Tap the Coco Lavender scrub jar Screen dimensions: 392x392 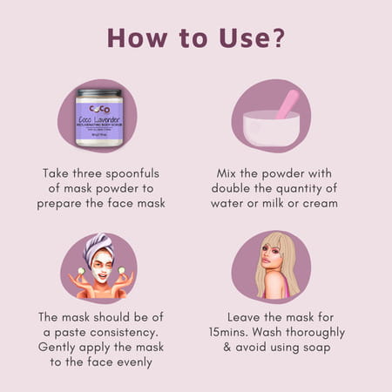click(x=98, y=118)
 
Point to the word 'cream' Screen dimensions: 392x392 click(x=318, y=204)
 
